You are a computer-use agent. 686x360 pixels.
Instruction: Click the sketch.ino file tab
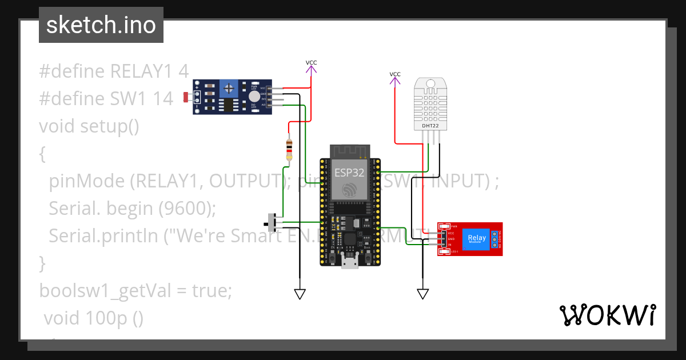[101, 25]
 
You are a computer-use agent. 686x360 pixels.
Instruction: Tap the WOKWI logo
[607, 315]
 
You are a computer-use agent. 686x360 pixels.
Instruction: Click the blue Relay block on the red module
[477, 238]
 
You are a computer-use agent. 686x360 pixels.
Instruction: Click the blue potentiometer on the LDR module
[229, 88]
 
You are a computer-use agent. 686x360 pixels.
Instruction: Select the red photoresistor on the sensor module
[186, 98]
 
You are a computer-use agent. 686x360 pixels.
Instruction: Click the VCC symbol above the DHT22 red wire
[395, 78]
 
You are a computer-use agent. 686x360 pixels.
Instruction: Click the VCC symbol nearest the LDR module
[311, 66]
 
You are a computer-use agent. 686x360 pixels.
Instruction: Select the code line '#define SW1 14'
[106, 99]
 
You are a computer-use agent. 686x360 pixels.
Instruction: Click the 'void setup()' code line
[89, 126]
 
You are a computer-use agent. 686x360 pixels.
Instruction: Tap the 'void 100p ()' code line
[93, 318]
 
